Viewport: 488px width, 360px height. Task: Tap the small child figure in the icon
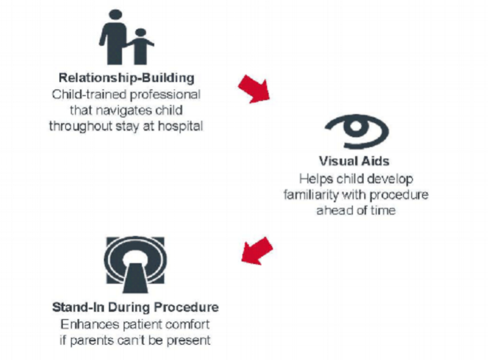click(x=140, y=45)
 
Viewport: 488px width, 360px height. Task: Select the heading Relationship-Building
click(x=126, y=79)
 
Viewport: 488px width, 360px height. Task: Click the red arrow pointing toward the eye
click(x=253, y=89)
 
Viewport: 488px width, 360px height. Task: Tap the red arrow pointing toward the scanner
click(x=256, y=251)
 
